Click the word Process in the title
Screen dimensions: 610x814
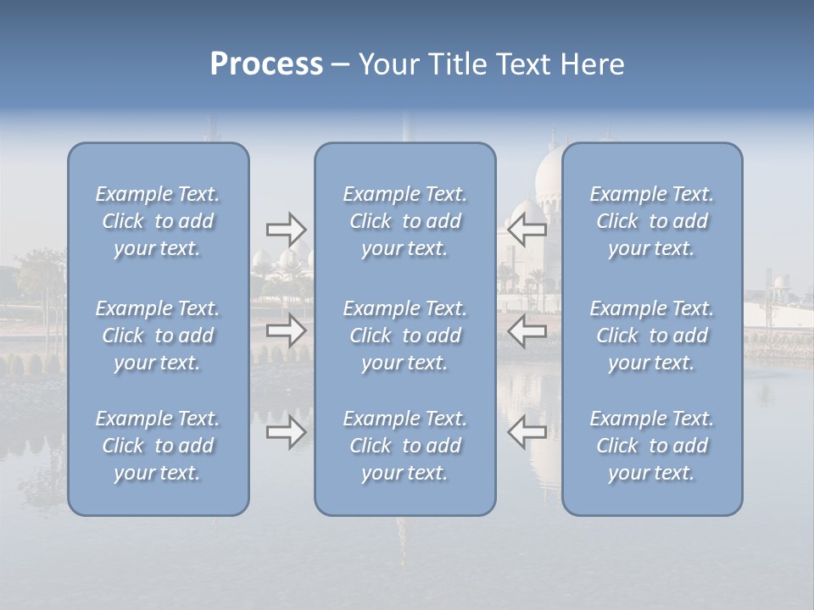tap(266, 64)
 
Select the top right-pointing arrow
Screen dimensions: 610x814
tap(286, 228)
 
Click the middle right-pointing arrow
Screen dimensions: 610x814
tap(286, 330)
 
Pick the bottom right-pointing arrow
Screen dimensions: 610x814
tap(286, 432)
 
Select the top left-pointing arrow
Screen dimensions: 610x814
tap(527, 228)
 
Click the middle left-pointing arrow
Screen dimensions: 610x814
tap(527, 330)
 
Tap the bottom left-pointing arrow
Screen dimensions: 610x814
tap(527, 432)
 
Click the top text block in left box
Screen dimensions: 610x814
tap(158, 221)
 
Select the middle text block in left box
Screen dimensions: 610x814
tap(158, 335)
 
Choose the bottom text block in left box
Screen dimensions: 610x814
tap(158, 446)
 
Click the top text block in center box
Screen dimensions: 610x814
tap(404, 221)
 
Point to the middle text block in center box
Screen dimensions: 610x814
tap(404, 335)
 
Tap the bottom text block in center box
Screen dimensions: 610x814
tap(404, 446)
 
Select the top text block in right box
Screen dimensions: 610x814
tap(651, 221)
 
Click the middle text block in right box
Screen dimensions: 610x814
tap(651, 335)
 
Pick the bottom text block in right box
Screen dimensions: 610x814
tap(651, 446)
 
